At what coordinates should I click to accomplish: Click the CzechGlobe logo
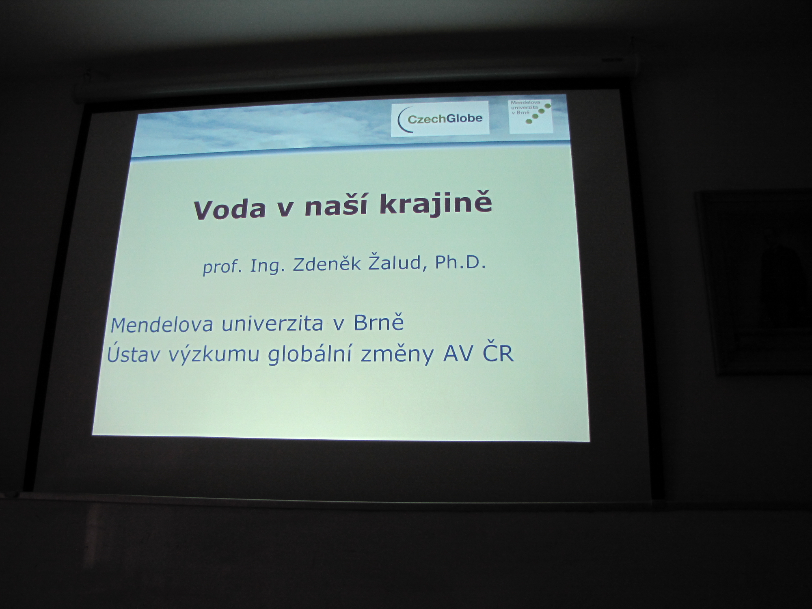440,119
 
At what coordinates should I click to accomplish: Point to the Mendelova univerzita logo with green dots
531,116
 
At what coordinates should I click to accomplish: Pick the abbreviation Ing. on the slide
266,266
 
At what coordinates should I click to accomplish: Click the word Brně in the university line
378,323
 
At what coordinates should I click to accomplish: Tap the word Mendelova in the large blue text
162,324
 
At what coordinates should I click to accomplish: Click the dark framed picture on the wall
755,282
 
